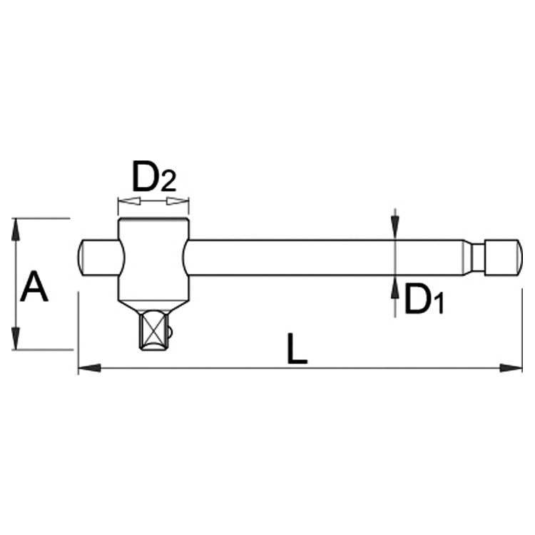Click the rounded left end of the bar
point(84,258)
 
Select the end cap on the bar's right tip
point(505,258)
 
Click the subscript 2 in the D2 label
point(168,183)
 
